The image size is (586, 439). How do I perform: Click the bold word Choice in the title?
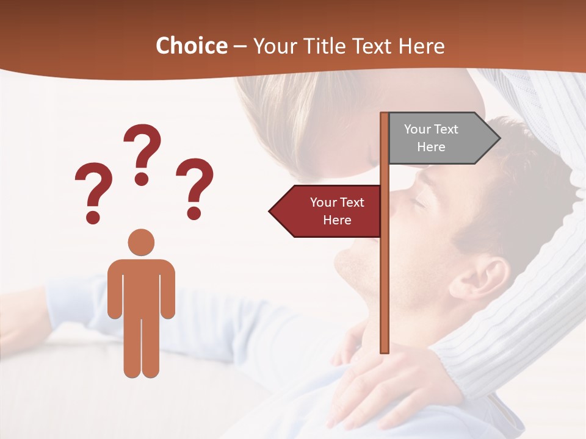[191, 46]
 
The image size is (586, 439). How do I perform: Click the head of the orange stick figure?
[141, 242]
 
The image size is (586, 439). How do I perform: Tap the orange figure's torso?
[141, 287]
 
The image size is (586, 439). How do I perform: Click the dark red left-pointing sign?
[330, 212]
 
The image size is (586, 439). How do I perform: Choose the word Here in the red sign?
[337, 220]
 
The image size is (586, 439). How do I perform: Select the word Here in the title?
[422, 46]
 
